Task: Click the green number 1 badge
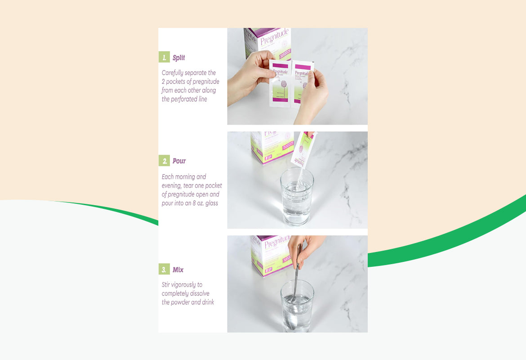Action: pos(164,58)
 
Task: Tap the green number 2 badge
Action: pos(164,161)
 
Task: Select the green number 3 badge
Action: pos(164,270)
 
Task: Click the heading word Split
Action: pos(179,58)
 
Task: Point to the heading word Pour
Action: pos(179,161)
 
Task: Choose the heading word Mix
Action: pos(178,270)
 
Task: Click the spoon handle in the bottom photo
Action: pos(298,270)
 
